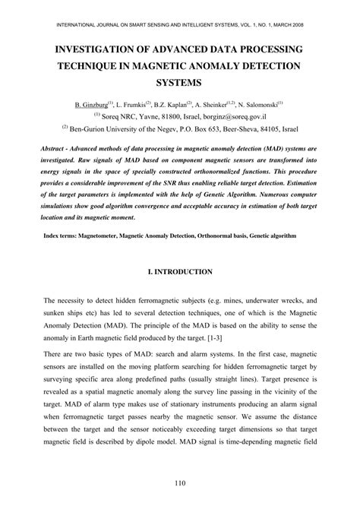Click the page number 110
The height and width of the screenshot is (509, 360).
(x=179, y=484)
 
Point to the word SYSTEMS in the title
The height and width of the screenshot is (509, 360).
(x=179, y=81)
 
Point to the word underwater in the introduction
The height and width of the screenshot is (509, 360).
(x=256, y=302)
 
